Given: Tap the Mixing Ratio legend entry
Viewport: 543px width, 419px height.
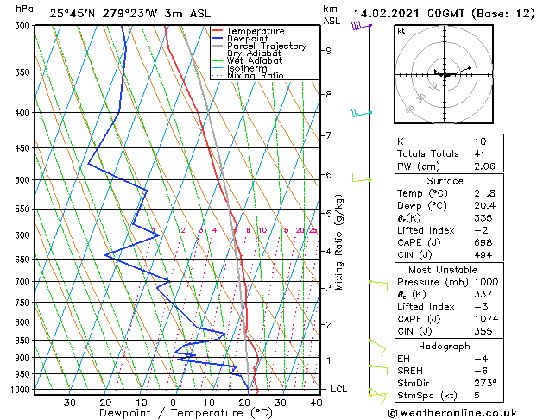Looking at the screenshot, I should coord(256,76).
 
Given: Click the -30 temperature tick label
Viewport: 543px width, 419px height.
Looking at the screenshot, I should coord(66,403).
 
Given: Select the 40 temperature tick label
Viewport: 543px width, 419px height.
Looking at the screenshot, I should coord(316,403).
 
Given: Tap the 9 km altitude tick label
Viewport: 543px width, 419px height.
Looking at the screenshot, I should coord(328,51).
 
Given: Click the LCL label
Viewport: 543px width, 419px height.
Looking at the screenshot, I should coord(339,390).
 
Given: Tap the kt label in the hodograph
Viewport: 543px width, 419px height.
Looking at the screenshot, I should coord(401,31).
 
